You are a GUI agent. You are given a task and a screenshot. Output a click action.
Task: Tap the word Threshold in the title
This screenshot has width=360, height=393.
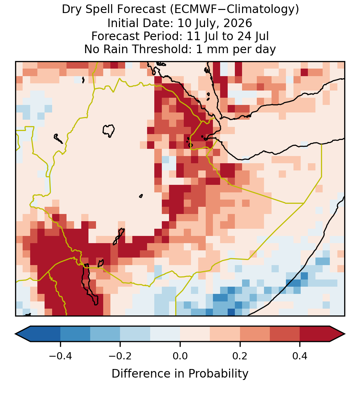[161, 49]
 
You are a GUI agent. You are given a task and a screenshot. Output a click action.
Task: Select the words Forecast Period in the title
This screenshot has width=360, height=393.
[136, 36]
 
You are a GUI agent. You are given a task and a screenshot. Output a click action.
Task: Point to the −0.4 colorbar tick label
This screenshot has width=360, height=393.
[60, 356]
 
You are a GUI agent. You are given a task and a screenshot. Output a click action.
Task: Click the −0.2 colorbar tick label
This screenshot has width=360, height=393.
[120, 356]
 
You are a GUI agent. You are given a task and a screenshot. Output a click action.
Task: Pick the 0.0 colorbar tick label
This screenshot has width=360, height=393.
[180, 356]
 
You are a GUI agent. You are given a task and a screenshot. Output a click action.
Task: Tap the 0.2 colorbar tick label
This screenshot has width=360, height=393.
[240, 356]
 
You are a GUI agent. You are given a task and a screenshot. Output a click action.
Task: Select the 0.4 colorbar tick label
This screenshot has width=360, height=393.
[300, 356]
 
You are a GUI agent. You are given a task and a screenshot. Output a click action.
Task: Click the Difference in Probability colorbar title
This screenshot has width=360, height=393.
[180, 373]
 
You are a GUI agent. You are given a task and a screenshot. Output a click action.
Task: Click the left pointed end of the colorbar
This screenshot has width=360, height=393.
[15, 334]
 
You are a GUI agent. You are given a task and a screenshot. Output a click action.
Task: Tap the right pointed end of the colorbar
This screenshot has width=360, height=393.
[345, 334]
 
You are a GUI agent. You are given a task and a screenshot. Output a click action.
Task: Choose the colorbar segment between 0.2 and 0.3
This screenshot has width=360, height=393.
[255, 334]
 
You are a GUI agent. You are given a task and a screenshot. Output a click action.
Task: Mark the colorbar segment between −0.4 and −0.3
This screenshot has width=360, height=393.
[75, 334]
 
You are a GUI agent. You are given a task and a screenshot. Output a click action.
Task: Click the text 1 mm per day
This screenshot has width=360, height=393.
[236, 49]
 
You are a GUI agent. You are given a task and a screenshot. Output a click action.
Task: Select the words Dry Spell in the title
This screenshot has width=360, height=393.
[87, 10]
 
